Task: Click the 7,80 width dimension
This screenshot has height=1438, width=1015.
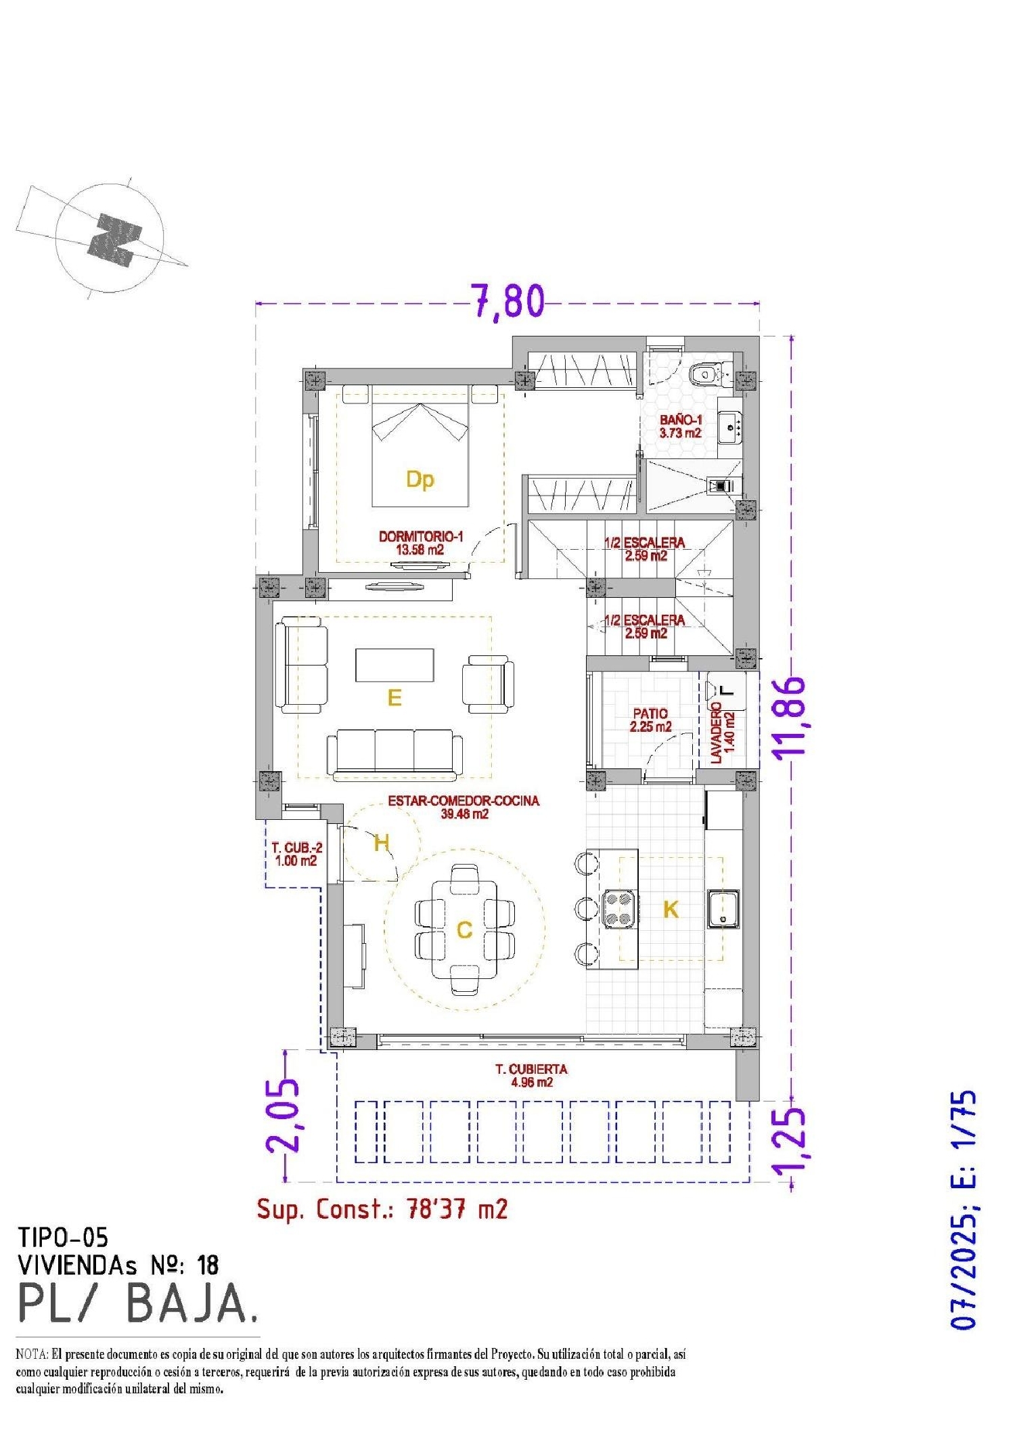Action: [x=507, y=301]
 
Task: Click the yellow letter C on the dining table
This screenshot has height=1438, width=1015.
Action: [x=464, y=930]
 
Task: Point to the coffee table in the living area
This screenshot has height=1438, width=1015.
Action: [x=394, y=665]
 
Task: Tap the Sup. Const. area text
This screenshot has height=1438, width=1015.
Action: [x=382, y=1208]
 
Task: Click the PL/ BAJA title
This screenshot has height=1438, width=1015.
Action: [x=137, y=1303]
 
